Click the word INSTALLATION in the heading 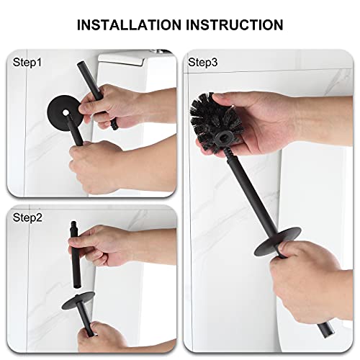pyautogui.click(x=129, y=24)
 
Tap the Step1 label pyautogui.click(x=27, y=63)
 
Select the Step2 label pyautogui.click(x=27, y=217)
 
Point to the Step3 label pyautogui.click(x=202, y=63)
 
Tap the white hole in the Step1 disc pyautogui.click(x=65, y=112)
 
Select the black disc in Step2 pyautogui.click(x=78, y=300)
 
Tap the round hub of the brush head pyautogui.click(x=224, y=139)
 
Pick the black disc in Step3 pyautogui.click(x=278, y=241)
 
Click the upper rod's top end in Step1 pyautogui.click(x=81, y=64)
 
